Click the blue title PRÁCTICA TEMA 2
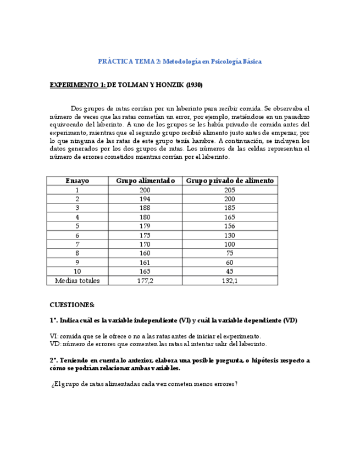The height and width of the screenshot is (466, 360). tap(180, 62)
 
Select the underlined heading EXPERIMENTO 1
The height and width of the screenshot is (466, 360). tap(77, 85)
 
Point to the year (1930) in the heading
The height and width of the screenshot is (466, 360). tap(194, 85)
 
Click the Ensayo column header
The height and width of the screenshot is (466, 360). tap(77, 181)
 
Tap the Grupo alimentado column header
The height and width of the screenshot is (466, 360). tap(145, 181)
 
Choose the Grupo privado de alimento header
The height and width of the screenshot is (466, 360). tap(230, 181)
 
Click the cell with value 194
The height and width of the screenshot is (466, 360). tap(145, 199)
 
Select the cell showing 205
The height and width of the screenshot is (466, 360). tap(230, 190)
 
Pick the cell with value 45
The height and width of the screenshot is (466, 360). tap(230, 271)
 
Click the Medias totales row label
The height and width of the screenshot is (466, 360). tap(77, 281)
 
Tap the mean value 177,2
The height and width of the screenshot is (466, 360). tap(145, 281)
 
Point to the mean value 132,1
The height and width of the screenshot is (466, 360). tap(230, 281)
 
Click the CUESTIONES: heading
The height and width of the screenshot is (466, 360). tap(72, 304)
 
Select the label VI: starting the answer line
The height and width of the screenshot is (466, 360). tap(53, 336)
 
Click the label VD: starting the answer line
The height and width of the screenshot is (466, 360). tap(54, 344)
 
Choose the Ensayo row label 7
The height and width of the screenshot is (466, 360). tap(77, 244)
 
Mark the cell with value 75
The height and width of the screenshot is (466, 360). tap(230, 253)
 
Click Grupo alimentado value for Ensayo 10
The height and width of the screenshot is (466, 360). tap(145, 271)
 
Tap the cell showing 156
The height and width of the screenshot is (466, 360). tap(230, 226)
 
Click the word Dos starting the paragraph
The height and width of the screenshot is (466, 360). tap(76, 109)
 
